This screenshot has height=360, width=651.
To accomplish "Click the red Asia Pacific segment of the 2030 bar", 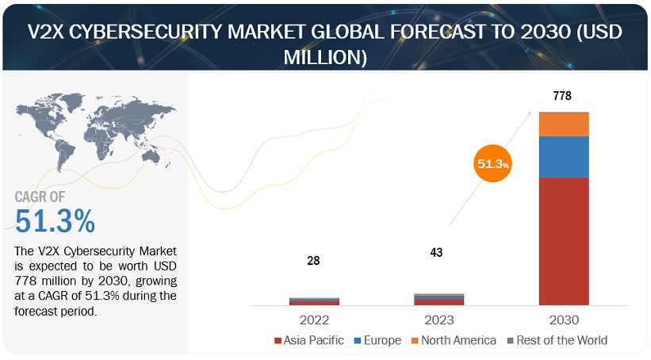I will click(564, 241).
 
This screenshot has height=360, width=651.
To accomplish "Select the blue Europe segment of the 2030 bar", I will click(564, 156).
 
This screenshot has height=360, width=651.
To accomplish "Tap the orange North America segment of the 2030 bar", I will click(564, 124).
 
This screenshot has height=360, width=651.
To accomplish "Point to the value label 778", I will click(562, 96).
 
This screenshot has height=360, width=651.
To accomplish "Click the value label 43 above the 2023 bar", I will click(436, 252).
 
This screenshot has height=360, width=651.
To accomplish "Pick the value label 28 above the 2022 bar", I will click(314, 261).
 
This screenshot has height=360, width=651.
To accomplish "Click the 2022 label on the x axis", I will click(314, 320).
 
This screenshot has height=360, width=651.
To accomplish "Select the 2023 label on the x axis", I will click(438, 320).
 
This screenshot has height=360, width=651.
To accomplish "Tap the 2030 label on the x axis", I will click(563, 320).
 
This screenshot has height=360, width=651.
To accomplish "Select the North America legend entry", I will click(453, 340).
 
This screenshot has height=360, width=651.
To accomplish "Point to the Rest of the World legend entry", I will click(557, 340).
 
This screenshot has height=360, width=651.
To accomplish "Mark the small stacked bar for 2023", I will click(438, 299).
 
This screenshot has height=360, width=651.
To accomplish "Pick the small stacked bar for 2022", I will click(314, 301).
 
